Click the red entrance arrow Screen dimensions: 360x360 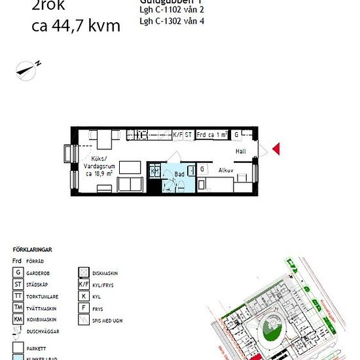click(276, 149)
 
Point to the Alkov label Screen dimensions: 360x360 click(226, 169)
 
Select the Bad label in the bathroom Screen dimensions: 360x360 click(179, 174)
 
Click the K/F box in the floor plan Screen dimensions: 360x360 click(177, 134)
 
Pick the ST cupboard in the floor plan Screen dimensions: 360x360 click(189, 134)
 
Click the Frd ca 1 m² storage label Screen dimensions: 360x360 click(211, 134)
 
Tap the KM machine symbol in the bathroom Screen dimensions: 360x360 click(155, 171)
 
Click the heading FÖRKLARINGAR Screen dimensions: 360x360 click(32, 249)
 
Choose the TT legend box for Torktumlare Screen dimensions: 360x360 click(18, 295)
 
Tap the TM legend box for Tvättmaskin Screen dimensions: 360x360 click(18, 307)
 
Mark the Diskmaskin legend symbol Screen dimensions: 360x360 click(84, 272)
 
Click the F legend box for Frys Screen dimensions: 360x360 click(84, 308)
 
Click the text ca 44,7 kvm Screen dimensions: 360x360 click(76, 26)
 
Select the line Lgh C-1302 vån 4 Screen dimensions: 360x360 click(172, 21)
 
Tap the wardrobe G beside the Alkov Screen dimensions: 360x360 click(203, 169)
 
